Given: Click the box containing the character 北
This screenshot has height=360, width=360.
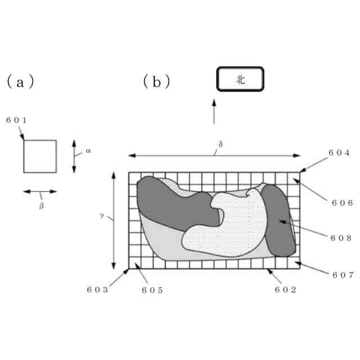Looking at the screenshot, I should [240, 80].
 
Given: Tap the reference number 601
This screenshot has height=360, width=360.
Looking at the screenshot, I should [16, 120].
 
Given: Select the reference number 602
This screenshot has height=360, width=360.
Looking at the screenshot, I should [285, 290].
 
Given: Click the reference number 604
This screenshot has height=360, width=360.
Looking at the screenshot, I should [339, 153].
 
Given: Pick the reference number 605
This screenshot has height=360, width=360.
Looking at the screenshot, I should [152, 290].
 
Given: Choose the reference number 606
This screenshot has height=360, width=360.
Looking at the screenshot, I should [341, 203].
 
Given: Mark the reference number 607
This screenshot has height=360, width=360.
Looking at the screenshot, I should [341, 275].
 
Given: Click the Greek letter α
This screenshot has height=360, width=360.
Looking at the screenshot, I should [88, 151].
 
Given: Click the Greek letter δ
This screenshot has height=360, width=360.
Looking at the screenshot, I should [220, 145].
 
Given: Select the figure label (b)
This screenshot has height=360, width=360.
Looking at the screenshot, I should [156, 82].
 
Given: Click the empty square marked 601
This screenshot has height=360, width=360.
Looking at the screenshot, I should [39, 156].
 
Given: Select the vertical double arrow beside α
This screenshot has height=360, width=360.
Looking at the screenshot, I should [74, 156].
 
